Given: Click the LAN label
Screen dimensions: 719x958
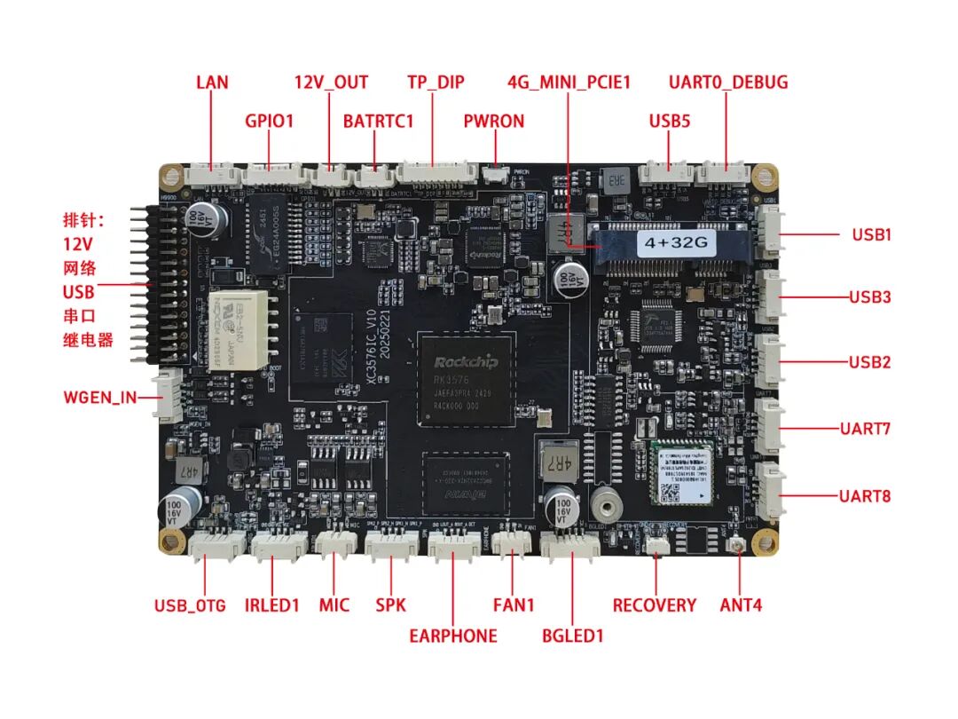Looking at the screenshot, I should pyautogui.click(x=212, y=83).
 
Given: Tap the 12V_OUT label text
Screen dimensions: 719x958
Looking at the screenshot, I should pyautogui.click(x=331, y=83).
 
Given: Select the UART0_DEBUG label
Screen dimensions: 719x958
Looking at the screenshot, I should pyautogui.click(x=727, y=83).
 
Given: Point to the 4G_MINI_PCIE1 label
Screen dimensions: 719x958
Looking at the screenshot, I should pyautogui.click(x=569, y=83).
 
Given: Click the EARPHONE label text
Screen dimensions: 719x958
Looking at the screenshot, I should pyautogui.click(x=452, y=636).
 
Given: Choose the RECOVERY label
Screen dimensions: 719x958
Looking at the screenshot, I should pyautogui.click(x=654, y=605).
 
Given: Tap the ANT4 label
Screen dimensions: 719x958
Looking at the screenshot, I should pyautogui.click(x=741, y=605).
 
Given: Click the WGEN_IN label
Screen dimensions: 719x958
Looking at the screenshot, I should pyautogui.click(x=100, y=397).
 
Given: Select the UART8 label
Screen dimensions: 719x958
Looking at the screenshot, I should pyautogui.click(x=864, y=495).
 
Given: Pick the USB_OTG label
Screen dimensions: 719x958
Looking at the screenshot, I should pyautogui.click(x=190, y=606).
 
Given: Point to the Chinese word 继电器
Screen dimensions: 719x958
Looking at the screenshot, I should pyautogui.click(x=89, y=340).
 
